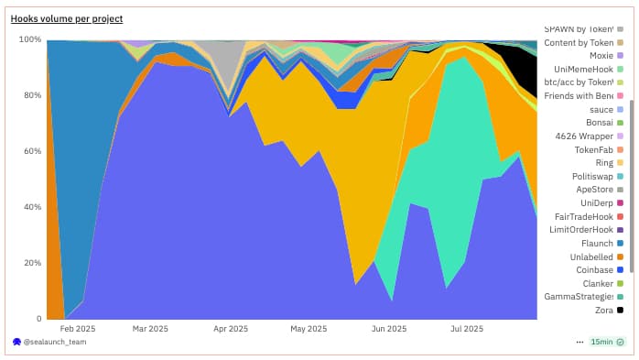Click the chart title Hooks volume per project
[66, 18]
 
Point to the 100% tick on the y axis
[29, 39]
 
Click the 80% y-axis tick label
[31, 95]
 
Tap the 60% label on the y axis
[31, 151]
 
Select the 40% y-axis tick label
[31, 207]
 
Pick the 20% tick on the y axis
[31, 263]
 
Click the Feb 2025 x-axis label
[78, 328]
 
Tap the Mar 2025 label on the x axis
[150, 328]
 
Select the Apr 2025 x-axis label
[231, 328]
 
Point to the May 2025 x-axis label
[309, 328]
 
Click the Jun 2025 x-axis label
[388, 328]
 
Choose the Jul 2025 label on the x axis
[467, 328]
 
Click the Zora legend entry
[603, 311]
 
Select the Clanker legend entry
[597, 284]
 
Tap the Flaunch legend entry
[597, 244]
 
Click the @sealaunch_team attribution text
[56, 342]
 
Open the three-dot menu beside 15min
[579, 342]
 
